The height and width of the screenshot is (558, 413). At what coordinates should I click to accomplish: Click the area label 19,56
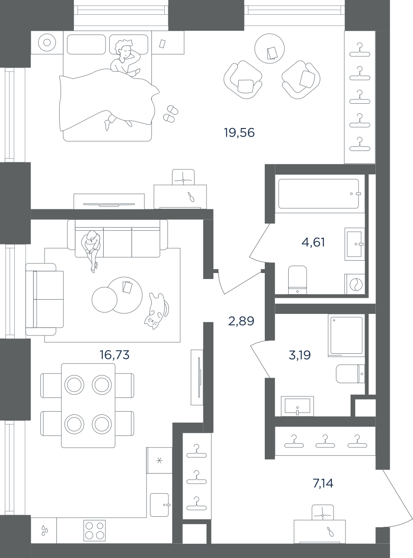tap(240, 133)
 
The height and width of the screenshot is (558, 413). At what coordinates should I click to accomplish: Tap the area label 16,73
tap(115, 354)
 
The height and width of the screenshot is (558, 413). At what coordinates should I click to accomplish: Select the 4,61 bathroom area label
tap(313, 242)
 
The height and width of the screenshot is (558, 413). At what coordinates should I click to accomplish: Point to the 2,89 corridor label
tap(241, 321)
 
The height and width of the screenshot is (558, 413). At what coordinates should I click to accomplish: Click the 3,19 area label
tap(300, 355)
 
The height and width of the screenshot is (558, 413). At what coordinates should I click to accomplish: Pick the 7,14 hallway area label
tap(323, 483)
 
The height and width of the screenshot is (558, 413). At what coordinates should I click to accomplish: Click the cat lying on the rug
tap(156, 311)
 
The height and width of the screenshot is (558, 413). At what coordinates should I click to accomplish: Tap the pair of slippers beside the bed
tap(171, 114)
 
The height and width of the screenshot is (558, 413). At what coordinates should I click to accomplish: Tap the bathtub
tap(318, 194)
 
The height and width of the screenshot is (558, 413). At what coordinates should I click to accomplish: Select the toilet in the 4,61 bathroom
tap(297, 280)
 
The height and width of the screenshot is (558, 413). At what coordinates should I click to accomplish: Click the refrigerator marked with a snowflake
tap(159, 461)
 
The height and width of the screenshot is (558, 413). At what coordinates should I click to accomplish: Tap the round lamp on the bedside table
tap(47, 42)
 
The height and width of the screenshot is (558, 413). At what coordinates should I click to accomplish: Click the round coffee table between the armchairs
tap(269, 49)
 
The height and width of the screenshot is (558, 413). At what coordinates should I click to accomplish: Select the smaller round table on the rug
tap(105, 300)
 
